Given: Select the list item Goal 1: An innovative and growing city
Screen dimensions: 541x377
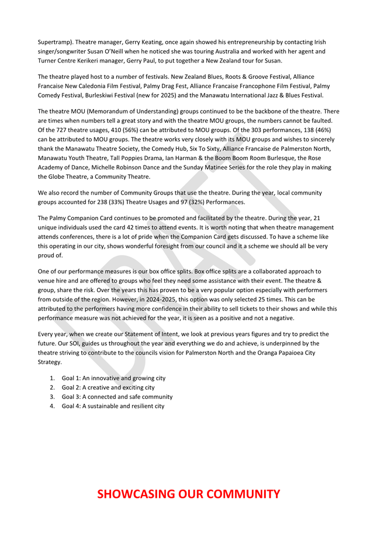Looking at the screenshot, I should (x=113, y=378).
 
